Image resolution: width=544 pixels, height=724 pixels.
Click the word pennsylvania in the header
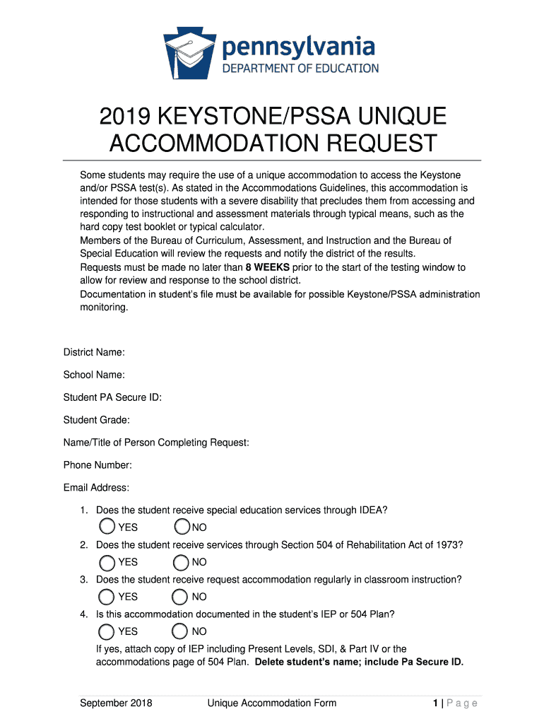coord(299,48)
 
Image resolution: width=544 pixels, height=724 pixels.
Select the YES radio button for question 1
coord(107,527)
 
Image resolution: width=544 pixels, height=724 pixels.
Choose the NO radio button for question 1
coord(182,527)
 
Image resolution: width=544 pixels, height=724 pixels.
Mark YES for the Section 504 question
coord(107,562)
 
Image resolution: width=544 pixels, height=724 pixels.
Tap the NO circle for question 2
coord(182,562)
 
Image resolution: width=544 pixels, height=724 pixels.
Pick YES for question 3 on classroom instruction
coord(107,597)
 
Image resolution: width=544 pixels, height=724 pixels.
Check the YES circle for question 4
coord(107,631)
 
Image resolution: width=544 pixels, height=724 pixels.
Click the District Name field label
coord(94,352)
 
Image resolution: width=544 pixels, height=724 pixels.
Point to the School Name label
coord(94,375)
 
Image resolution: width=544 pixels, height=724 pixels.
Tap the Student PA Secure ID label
coord(112,397)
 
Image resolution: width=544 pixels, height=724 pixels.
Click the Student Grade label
coord(96,420)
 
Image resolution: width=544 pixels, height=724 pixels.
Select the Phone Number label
coord(97,465)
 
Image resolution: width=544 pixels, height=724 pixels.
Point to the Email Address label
coord(96,488)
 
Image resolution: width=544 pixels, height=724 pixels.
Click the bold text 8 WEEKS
coord(267,268)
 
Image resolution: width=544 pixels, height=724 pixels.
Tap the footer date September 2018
coord(116,703)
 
